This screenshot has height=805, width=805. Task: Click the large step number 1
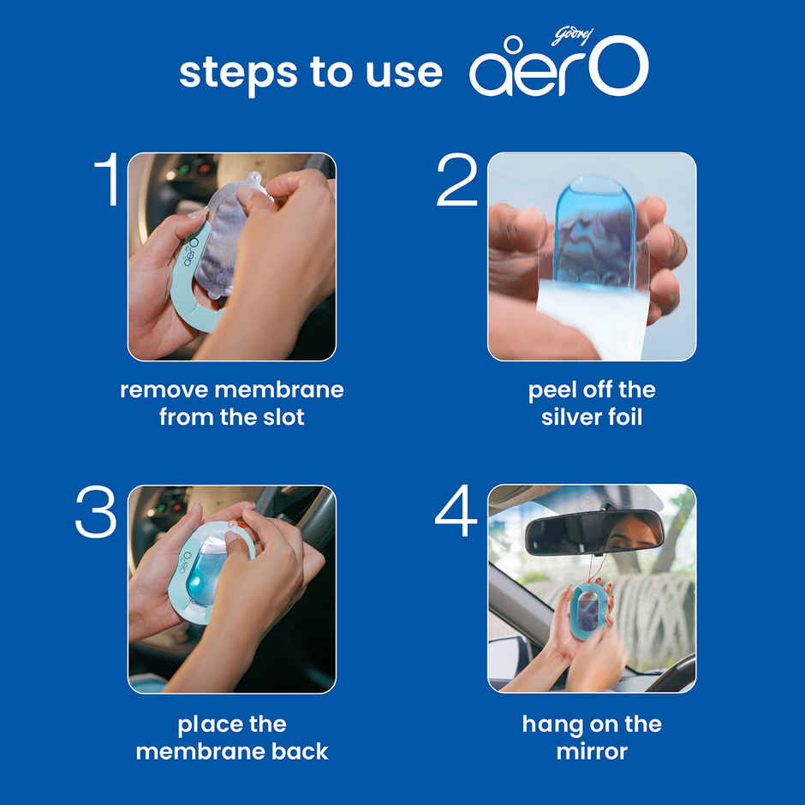pos(108,179)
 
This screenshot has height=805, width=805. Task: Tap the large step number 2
pos(456,180)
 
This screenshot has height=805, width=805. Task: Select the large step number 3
pos(96,511)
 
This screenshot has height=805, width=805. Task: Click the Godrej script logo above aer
pos(572,37)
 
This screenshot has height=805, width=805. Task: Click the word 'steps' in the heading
pos(238,74)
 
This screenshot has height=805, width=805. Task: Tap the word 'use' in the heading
pos(404,74)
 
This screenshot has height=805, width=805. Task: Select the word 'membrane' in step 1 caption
pos(279,390)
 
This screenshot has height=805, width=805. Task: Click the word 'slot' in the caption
pos(284,417)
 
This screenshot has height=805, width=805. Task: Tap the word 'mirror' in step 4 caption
pos(592,752)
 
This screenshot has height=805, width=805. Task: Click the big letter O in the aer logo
pos(618,66)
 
